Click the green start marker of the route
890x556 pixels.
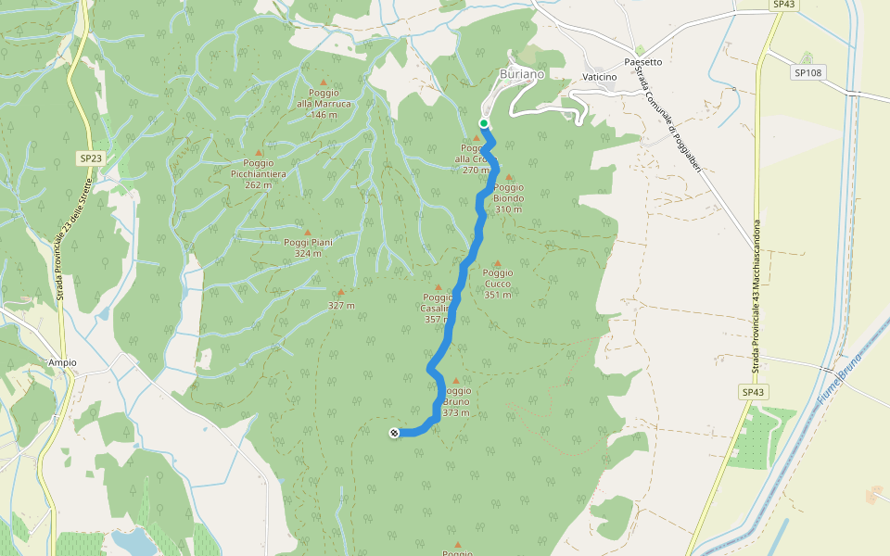484,123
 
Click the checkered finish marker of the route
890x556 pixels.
395,433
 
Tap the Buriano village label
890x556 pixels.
522,73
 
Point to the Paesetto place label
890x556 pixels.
643,62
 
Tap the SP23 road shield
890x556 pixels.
90,158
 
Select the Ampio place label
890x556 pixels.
62,362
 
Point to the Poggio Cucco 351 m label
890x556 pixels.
498,284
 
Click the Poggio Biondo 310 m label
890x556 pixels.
508,198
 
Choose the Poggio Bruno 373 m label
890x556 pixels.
455,402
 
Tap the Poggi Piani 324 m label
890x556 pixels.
308,247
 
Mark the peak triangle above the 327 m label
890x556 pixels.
341,292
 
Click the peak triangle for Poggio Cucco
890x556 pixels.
498,263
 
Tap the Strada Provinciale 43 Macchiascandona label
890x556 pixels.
756,297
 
